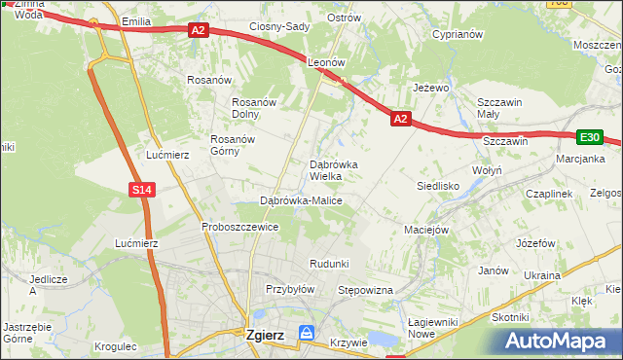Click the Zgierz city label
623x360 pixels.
point(265,335)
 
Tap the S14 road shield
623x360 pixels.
point(142,190)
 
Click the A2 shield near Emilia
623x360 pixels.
point(199,31)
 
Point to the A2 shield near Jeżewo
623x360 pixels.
point(401,119)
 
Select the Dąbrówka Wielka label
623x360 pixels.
point(334,170)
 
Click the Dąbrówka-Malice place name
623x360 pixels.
point(301,200)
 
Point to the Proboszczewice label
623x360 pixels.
point(240,227)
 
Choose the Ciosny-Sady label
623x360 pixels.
point(279,26)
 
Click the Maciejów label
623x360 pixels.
point(425,231)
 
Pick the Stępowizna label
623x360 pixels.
point(364,290)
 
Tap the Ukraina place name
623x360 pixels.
point(542,275)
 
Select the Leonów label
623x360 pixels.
point(327,61)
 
